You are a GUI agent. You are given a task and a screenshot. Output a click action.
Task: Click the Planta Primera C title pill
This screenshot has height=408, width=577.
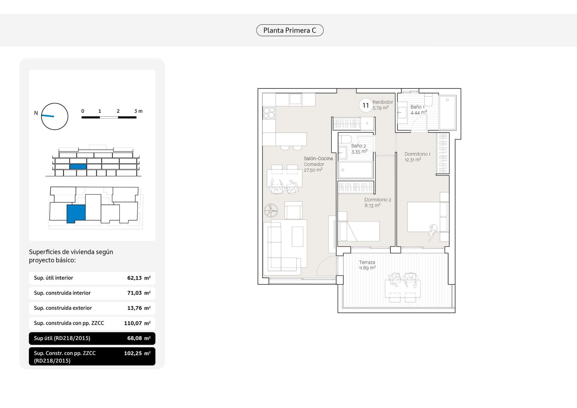click(290, 30)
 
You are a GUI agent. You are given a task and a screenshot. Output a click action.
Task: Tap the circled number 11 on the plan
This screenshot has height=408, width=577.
click(366, 105)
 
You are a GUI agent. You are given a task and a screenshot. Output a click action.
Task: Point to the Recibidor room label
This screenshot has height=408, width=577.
click(383, 102)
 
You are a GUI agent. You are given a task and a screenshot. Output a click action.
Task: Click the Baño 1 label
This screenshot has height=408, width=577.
click(417, 107)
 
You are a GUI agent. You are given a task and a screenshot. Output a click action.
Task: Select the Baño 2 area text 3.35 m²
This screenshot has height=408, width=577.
click(359, 152)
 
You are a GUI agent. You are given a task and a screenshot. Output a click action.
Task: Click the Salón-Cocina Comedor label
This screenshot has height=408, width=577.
click(318, 161)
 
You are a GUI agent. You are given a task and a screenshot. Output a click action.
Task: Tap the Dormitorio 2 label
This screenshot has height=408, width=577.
click(378, 200)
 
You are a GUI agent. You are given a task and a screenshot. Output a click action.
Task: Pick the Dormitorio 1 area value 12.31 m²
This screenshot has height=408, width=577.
click(413, 160)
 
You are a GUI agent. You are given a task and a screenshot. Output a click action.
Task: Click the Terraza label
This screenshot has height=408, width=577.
click(367, 262)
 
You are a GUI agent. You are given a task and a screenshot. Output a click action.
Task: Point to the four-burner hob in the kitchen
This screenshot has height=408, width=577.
click(269, 113)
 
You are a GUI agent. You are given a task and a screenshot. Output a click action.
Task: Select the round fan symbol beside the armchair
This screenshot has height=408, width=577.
click(271, 210)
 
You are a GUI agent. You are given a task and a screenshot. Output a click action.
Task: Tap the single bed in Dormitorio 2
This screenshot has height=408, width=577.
click(359, 231)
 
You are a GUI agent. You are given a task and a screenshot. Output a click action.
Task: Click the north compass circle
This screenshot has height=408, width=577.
click(54, 116)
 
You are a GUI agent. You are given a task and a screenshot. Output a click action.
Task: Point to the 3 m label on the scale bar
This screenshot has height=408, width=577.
click(138, 111)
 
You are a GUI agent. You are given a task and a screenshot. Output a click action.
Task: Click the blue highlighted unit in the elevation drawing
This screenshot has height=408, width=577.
click(78, 167)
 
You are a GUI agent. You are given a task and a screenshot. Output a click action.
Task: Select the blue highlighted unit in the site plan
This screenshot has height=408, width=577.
click(76, 213)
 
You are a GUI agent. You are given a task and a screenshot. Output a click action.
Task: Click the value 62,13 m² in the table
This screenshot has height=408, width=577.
click(139, 278)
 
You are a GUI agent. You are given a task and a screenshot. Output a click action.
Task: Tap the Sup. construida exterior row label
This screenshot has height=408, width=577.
click(63, 308)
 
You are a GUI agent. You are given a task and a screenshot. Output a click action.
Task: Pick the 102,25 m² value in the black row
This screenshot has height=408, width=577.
click(137, 353)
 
